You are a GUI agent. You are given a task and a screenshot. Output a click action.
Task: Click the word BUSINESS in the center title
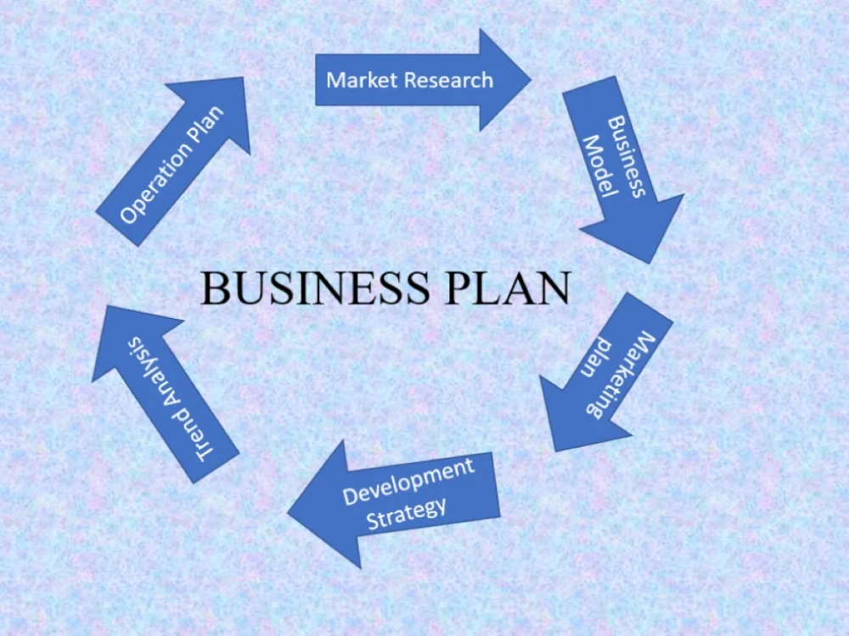tap(315, 287)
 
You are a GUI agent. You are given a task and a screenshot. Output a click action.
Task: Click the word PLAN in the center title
tap(508, 287)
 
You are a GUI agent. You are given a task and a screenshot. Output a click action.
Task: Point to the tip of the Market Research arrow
tap(531, 80)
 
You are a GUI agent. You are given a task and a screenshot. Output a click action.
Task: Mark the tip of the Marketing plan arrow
tap(555, 451)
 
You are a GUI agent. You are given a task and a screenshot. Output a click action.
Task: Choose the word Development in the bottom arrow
tap(409, 481)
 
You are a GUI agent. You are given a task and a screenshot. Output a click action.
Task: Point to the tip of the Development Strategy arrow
tap(288, 513)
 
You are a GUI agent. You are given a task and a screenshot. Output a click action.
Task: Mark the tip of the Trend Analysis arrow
tap(108, 305)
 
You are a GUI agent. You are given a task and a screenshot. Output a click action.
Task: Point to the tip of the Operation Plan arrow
tap(244, 77)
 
